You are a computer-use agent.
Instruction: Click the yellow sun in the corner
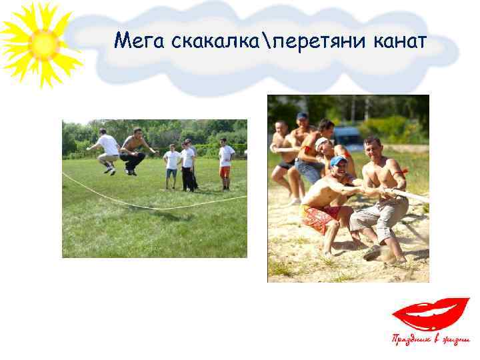[41, 44]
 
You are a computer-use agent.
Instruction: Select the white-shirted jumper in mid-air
[107, 149]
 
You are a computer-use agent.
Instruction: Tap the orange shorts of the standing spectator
[225, 171]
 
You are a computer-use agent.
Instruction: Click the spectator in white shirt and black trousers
[188, 167]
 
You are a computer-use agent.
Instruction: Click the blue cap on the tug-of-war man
[338, 161]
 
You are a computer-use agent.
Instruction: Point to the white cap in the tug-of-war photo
[321, 142]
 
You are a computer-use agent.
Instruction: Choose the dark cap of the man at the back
[302, 116]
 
